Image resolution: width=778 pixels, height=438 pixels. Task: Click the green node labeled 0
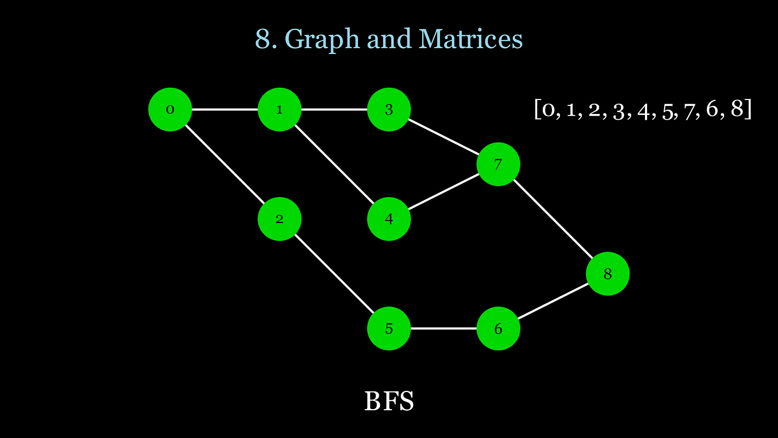[x=170, y=110]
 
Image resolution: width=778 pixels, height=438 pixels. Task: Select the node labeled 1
[x=279, y=110]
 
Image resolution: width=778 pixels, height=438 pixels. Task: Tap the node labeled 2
[x=279, y=219]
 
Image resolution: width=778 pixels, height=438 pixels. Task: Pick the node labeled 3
[x=389, y=110]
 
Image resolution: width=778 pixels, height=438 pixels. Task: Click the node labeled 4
[x=389, y=219]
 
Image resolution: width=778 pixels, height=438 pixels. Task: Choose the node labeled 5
[x=389, y=328]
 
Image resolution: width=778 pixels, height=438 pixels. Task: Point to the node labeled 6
[x=498, y=328]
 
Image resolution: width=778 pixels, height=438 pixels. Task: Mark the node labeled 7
[x=498, y=164]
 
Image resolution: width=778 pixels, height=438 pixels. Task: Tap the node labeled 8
[x=608, y=274]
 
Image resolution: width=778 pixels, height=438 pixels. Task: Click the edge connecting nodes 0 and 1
[x=224, y=110]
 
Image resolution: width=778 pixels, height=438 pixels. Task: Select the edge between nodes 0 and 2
[x=224, y=164]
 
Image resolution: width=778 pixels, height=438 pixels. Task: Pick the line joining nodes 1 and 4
[x=334, y=164]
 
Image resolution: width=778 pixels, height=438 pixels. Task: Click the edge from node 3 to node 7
[x=444, y=137]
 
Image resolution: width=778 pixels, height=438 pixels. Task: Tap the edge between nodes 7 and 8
[x=553, y=219]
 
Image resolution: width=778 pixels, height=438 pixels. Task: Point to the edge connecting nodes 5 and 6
[x=444, y=328]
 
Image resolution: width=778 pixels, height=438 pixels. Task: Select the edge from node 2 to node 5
[x=334, y=273]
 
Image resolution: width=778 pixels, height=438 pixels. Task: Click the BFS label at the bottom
[x=389, y=401]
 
